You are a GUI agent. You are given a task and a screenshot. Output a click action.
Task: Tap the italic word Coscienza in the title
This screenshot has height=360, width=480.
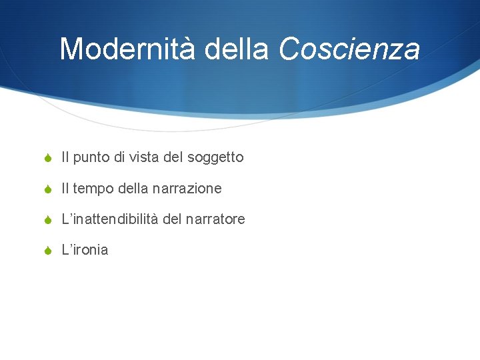coord(349,49)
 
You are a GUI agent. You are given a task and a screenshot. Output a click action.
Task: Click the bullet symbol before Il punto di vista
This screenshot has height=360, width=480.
coord(47,158)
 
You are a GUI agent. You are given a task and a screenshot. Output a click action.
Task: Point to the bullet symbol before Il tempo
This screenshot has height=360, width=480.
coord(47,189)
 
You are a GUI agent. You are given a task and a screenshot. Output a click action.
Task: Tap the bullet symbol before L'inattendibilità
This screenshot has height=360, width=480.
coord(47,219)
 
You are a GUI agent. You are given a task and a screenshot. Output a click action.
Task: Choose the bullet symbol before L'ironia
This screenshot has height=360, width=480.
coord(47,251)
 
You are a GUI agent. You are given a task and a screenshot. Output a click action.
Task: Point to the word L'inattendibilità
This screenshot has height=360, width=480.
coord(109,219)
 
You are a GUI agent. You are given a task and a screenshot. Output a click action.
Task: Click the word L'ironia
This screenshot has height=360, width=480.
coord(85,250)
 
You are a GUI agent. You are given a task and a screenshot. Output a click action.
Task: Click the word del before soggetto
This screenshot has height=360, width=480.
coord(173,157)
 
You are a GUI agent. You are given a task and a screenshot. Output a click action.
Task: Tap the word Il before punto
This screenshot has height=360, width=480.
coord(65,157)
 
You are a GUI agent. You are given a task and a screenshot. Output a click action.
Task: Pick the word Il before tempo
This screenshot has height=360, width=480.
coord(65,189)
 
